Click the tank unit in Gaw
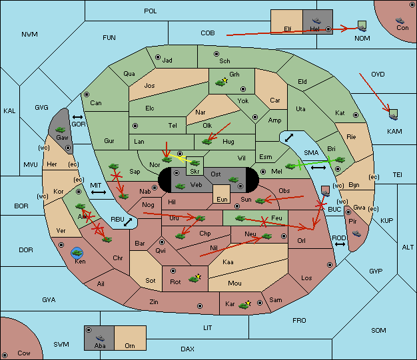61,130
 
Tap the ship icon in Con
400,21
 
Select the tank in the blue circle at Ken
77,253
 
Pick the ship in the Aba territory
100,338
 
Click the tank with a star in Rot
195,278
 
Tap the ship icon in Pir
356,234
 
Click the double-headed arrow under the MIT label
99,192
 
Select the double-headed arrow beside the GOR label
77,117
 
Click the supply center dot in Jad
158,57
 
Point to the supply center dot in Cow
5,355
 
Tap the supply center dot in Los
330,265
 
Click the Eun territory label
222,199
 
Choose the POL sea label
151,11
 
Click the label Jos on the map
149,86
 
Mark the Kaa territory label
228,262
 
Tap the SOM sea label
378,330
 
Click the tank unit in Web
181,186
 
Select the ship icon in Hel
316,21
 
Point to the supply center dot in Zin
200,306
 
